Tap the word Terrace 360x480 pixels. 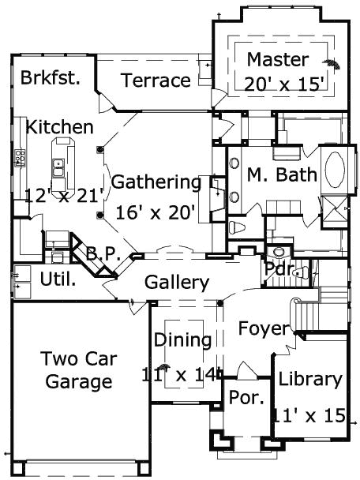click(156, 80)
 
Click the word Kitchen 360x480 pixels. click(59, 126)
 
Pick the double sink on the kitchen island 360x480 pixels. click(58, 167)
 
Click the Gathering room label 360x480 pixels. click(156, 182)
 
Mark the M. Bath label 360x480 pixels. click(282, 174)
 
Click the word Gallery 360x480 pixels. click(177, 282)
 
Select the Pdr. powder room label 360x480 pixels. click(281, 269)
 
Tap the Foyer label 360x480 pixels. click(264, 328)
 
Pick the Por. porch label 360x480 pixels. click(246, 398)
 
